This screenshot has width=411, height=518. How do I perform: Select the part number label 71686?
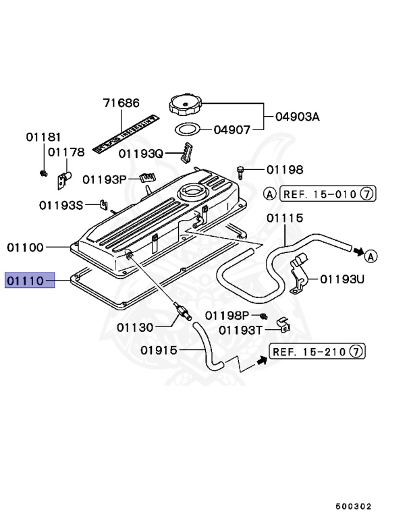[121, 103]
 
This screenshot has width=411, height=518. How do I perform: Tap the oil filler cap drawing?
[186, 107]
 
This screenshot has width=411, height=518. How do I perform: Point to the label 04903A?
[296, 117]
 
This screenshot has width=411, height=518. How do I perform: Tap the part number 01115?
[284, 218]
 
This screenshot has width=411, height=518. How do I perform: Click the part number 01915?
[159, 350]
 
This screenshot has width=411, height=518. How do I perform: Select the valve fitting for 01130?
[180, 311]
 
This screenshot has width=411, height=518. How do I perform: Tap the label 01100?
[26, 248]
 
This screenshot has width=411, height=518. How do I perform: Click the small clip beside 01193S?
[103, 203]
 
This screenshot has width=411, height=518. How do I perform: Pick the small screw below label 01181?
[43, 173]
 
